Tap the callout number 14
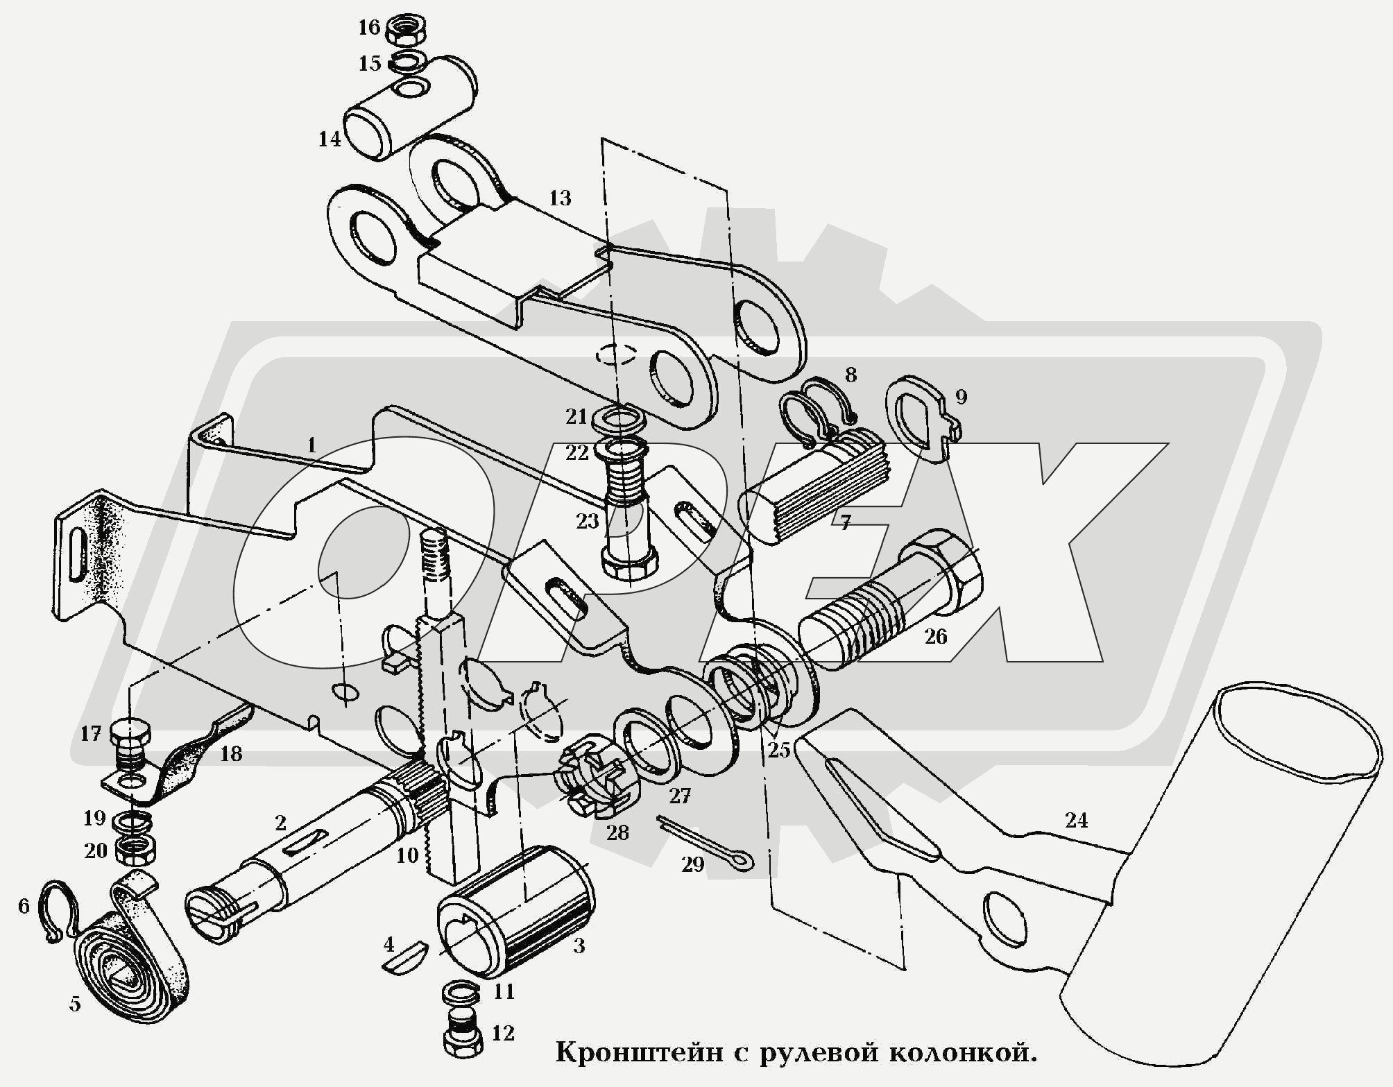point(330,139)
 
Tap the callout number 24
point(1076,821)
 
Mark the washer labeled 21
point(620,418)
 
